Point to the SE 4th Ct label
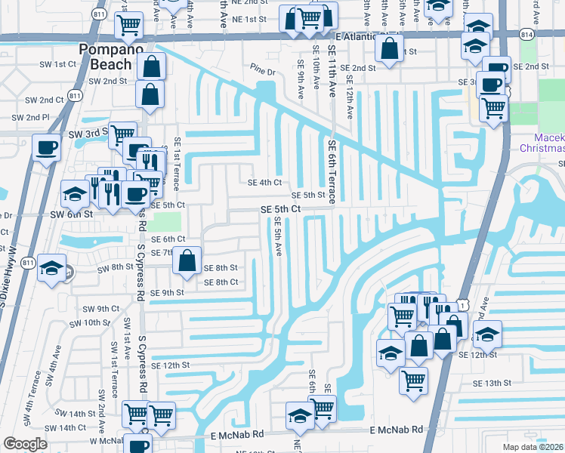[x=264, y=182]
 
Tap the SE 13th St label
[x=492, y=384]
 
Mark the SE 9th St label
[x=167, y=293]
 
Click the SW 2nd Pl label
[x=31, y=118]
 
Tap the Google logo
[x=25, y=444]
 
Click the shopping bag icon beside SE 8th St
[x=187, y=260]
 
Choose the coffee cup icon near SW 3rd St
[x=46, y=147]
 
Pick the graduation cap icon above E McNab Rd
[x=300, y=415]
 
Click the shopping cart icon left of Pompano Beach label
[x=128, y=25]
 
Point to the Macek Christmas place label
[x=549, y=143]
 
